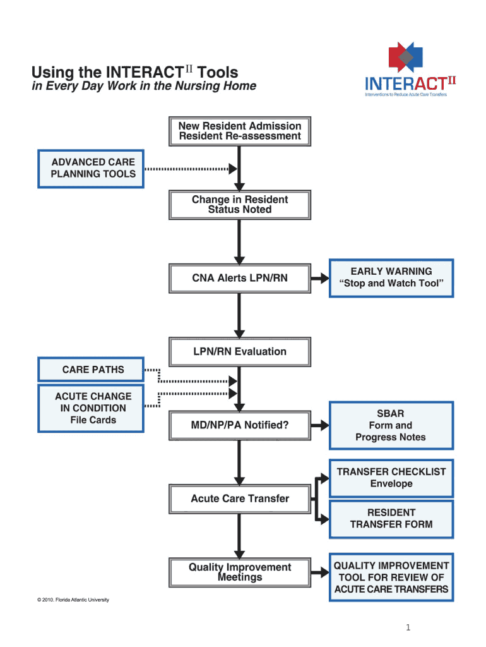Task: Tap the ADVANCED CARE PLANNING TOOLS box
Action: pos(92,168)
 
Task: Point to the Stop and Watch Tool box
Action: pos(391,277)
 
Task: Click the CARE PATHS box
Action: pos(92,370)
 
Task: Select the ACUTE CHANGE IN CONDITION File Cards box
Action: pos(92,408)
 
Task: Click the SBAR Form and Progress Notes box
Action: pos(391,425)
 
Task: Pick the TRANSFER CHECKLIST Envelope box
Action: pos(391,478)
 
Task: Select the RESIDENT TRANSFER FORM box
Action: pos(391,519)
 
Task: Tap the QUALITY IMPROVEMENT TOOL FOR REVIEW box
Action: pos(391,578)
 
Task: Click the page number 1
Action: pos(408,627)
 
